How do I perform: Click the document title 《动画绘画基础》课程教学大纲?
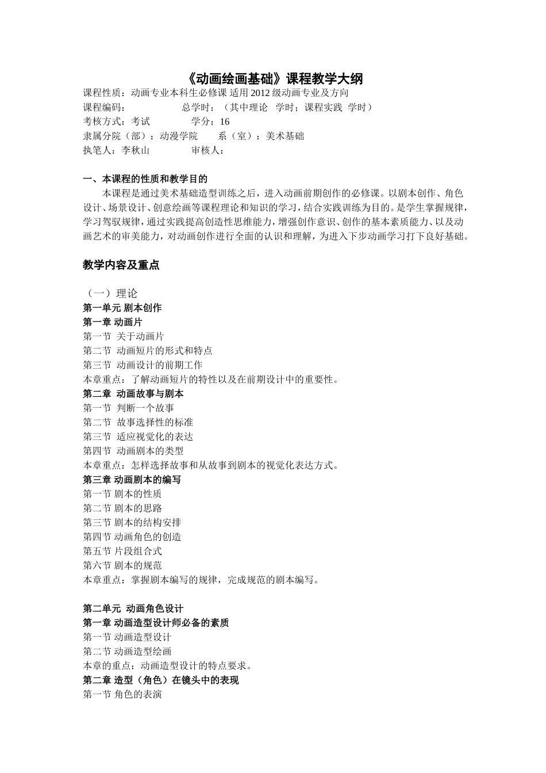click(275, 78)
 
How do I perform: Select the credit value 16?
click(224, 121)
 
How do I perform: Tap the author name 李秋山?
click(136, 150)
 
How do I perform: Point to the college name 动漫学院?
click(179, 136)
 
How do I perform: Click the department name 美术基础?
click(285, 136)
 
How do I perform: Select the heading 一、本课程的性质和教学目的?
click(145, 179)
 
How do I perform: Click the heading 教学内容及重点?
click(121, 265)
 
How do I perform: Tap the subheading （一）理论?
click(110, 293)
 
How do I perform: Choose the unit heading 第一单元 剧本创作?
click(122, 308)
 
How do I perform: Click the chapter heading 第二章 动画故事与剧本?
click(133, 394)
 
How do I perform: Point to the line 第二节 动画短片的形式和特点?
click(148, 350)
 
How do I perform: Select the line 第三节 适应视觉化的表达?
click(138, 437)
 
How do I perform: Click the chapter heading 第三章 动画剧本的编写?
click(132, 480)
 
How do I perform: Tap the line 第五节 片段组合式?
click(122, 551)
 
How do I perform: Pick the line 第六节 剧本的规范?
click(122, 565)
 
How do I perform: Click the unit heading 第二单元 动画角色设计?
click(133, 609)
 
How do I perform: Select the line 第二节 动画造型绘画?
click(127, 651)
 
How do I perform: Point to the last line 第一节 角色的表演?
click(122, 694)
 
